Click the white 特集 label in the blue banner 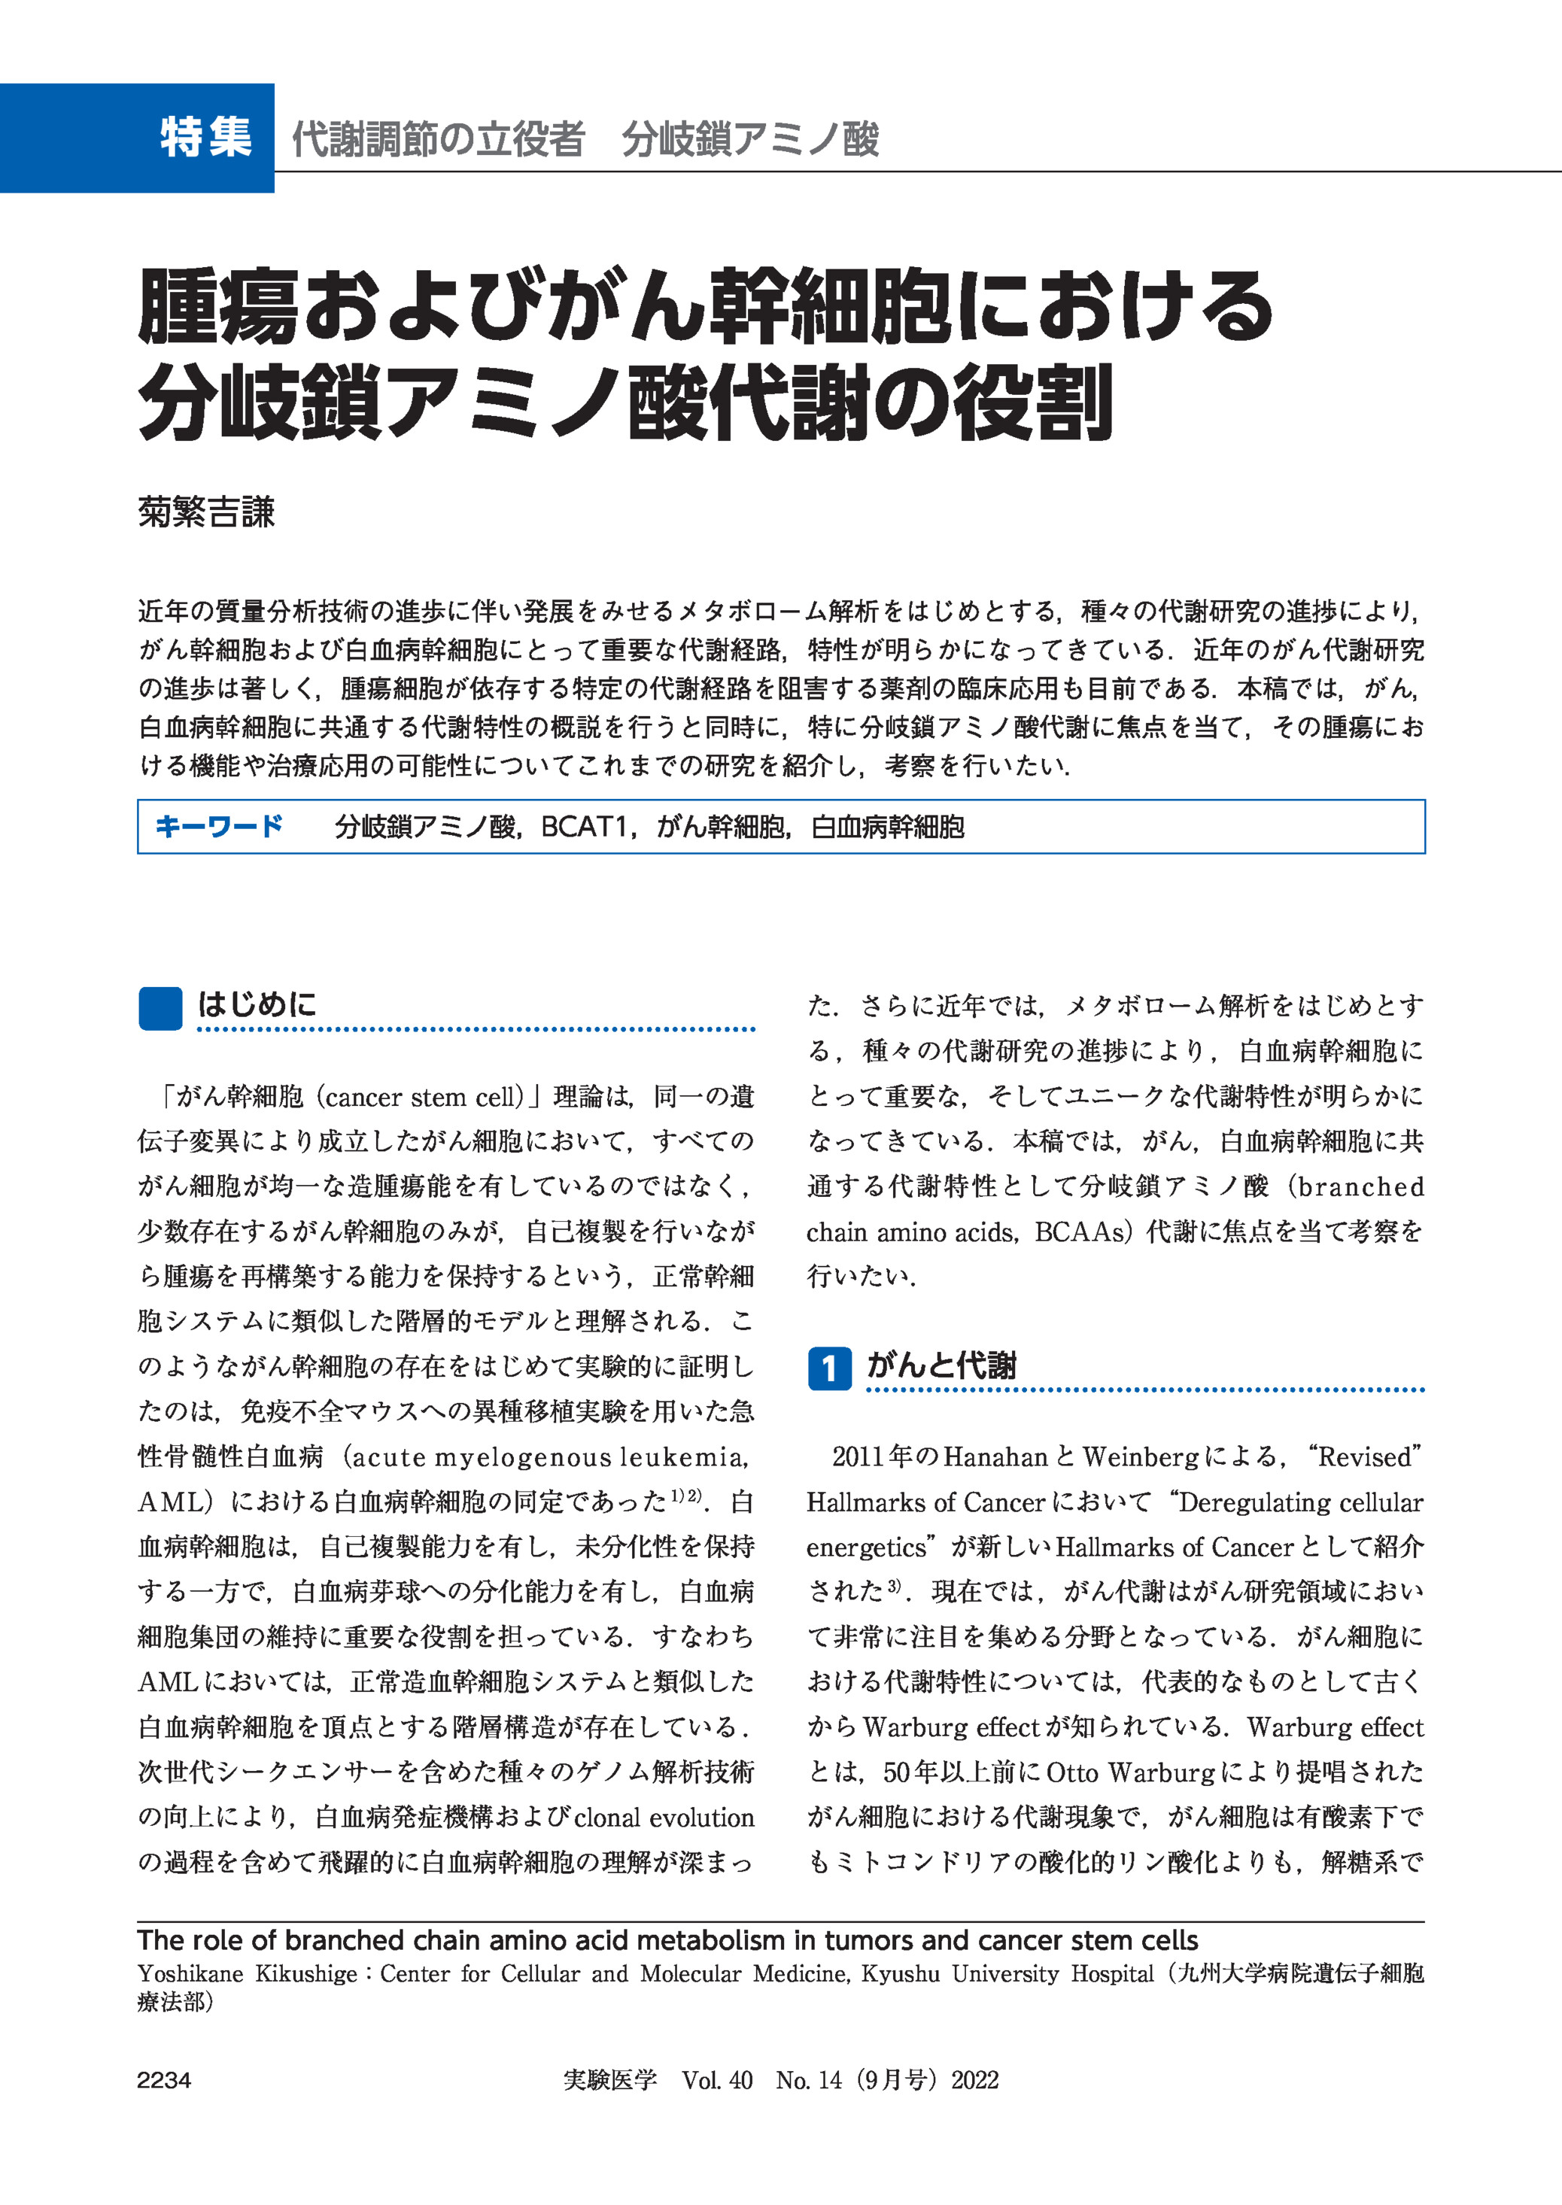(x=206, y=137)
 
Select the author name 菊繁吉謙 (x=206, y=512)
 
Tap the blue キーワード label (x=218, y=826)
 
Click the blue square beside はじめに (x=160, y=1009)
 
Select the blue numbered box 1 (x=828, y=1368)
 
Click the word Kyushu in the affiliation (x=901, y=1974)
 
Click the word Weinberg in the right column (x=1141, y=1457)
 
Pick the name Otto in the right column (x=1071, y=1772)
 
